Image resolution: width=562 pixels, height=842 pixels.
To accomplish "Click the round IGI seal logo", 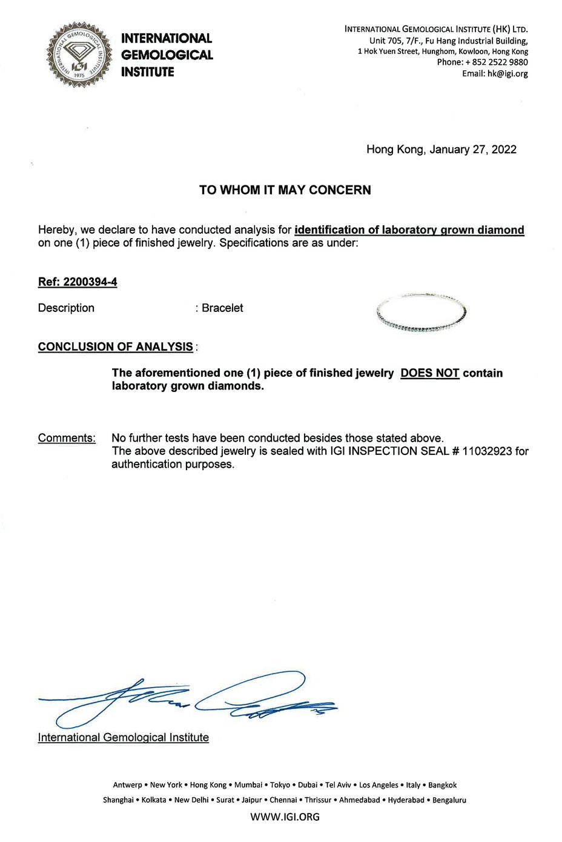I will [79, 55].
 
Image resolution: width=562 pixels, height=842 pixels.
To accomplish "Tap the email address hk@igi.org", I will [507, 74].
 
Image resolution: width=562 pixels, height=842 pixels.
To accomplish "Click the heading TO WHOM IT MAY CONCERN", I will [285, 190].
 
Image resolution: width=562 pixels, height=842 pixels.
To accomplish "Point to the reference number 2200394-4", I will [90, 282].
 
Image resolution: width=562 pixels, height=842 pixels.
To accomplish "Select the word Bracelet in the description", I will [222, 308].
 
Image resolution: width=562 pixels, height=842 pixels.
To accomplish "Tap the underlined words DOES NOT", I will [429, 373].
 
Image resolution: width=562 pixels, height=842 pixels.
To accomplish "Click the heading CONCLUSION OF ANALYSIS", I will [115, 347].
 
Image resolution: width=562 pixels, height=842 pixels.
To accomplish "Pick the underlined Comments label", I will [67, 438].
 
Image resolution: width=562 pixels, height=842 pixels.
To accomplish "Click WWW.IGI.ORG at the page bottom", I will [285, 817].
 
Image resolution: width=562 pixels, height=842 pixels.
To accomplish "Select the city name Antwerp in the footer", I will [127, 785].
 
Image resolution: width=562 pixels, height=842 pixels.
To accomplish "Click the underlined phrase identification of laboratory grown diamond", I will [409, 230].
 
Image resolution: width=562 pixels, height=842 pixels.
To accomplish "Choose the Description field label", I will [66, 308].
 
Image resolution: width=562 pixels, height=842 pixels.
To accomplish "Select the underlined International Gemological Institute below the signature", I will [123, 738].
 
